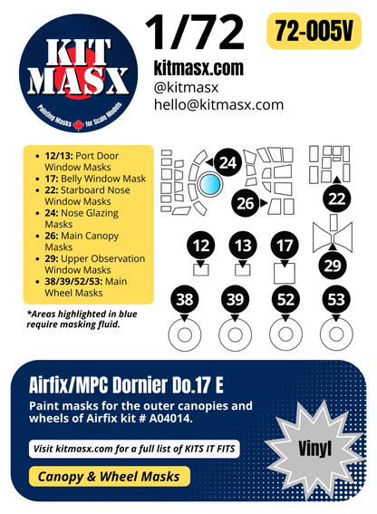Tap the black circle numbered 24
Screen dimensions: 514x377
point(228,163)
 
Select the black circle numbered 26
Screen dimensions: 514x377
point(246,203)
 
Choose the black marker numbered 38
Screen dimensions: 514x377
point(185,299)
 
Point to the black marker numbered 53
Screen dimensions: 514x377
point(335,299)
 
